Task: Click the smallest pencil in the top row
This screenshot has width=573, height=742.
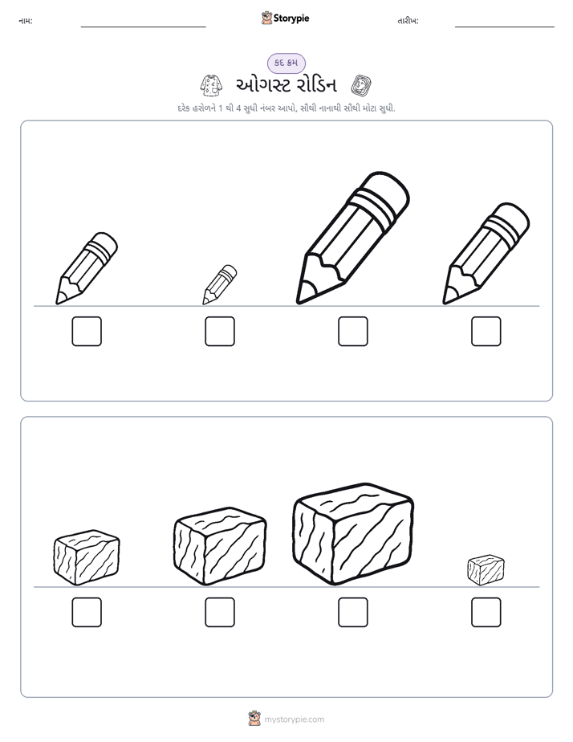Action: tap(219, 285)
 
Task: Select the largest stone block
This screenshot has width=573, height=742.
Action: tap(353, 533)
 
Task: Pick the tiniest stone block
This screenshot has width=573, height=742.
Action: tap(486, 570)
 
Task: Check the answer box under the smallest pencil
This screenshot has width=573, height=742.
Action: tap(220, 331)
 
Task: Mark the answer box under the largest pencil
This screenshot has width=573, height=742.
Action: tap(353, 331)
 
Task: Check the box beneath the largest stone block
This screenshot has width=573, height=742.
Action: tap(353, 613)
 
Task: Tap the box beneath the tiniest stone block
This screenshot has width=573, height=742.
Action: tap(486, 613)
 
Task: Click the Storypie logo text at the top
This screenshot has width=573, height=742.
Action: tap(291, 18)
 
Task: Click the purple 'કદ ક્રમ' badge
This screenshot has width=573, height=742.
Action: tap(286, 63)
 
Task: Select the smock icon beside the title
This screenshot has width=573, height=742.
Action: tap(211, 85)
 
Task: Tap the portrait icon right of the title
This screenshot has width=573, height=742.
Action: tap(361, 85)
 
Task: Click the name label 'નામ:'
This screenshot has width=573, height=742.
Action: tap(26, 21)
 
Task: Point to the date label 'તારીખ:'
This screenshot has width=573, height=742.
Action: tap(408, 21)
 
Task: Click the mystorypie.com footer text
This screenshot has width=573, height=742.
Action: tap(294, 720)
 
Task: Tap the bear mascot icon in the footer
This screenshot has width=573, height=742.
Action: tap(254, 719)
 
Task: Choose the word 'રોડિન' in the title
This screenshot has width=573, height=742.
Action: tap(316, 85)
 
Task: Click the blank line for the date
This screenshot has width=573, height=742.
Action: tap(505, 27)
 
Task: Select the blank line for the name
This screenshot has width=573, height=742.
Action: tap(143, 27)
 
